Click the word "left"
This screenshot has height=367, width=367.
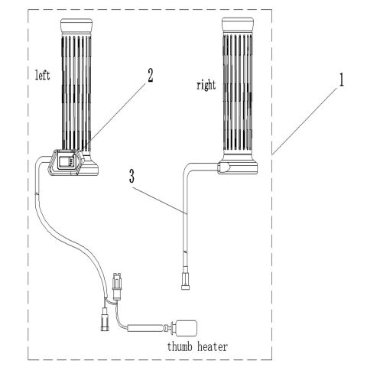[x=43, y=76]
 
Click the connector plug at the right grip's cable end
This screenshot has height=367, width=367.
[x=185, y=280]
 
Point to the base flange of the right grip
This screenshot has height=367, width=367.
[x=242, y=166]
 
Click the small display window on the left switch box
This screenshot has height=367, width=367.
[x=67, y=161]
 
